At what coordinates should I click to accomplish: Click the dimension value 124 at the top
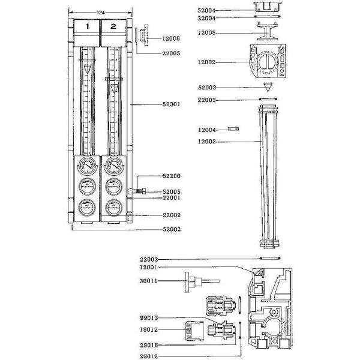pos(100,13)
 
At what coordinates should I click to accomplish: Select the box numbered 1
pos(87,27)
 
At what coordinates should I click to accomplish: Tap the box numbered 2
pos(113,27)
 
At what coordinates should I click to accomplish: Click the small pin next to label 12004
pos(233,129)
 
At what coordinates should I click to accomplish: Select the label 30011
pos(149,281)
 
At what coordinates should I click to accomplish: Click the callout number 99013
pos(149,318)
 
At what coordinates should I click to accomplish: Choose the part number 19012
pos(149,329)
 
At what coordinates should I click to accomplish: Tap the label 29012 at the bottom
pos(149,355)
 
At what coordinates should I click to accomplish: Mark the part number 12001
pos(149,267)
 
